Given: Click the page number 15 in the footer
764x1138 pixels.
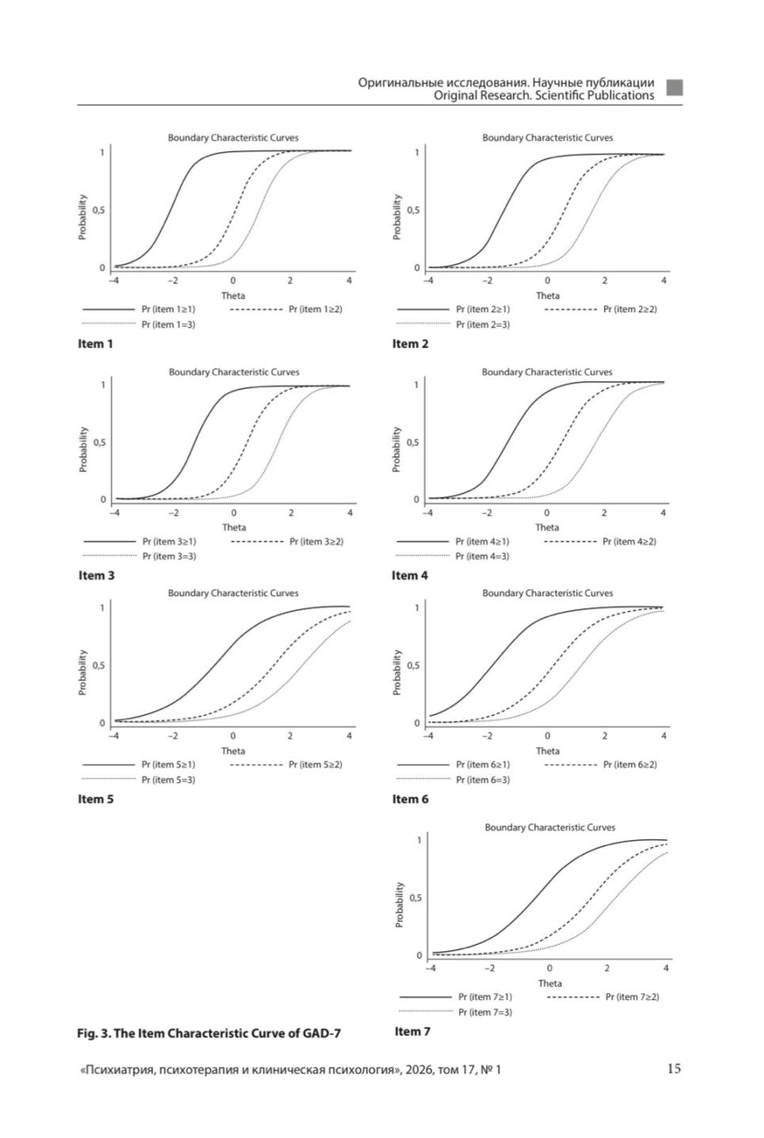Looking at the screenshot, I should click(x=673, y=1068).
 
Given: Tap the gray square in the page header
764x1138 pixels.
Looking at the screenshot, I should click(x=674, y=88).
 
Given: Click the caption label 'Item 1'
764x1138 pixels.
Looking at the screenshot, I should click(x=95, y=344).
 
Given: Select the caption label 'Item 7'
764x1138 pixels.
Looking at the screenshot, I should click(x=412, y=1031).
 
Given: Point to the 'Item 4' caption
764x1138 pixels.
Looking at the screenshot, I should click(x=410, y=575).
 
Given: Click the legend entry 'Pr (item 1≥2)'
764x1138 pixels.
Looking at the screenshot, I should click(x=315, y=309).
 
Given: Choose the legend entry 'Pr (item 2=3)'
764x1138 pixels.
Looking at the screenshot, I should click(x=483, y=324).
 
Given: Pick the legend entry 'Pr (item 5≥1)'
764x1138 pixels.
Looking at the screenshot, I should click(x=168, y=765).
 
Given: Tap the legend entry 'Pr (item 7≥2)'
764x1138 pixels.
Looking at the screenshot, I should click(x=632, y=997).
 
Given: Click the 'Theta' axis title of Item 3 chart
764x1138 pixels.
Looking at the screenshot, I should click(x=234, y=527).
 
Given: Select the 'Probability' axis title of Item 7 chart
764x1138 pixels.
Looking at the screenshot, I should click(x=399, y=905).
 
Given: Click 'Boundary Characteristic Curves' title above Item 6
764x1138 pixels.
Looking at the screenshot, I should click(x=547, y=593).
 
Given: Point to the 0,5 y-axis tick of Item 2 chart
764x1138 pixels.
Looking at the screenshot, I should click(x=413, y=211).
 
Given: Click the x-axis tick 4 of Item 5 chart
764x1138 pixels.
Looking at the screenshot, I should click(x=350, y=735).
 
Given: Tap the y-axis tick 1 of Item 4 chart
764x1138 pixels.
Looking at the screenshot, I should click(x=416, y=385).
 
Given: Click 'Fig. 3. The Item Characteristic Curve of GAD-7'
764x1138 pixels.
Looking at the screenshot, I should click(x=208, y=1033).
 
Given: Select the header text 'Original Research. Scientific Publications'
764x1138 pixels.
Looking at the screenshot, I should click(x=544, y=95).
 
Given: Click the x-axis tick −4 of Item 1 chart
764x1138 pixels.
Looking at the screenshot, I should click(x=113, y=281).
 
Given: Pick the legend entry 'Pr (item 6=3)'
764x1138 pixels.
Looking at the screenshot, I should click(x=483, y=780).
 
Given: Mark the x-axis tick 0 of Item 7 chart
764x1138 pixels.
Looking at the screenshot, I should click(x=549, y=968).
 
